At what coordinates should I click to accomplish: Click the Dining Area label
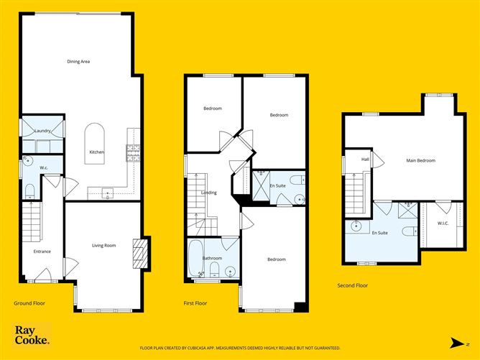pos(78,62)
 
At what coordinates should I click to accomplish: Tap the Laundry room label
pos(42,131)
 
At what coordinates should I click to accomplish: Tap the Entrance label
pos(42,251)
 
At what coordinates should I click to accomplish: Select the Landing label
pos(208,193)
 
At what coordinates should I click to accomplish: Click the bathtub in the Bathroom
pos(196,259)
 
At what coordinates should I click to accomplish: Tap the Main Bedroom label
pos(420,160)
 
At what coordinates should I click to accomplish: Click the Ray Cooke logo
pos(32,336)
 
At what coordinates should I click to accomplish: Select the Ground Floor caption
pos(29,303)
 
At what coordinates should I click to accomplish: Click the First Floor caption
pos(195,303)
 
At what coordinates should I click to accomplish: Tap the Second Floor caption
pos(353,285)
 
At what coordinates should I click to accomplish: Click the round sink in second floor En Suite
pos(356,226)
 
